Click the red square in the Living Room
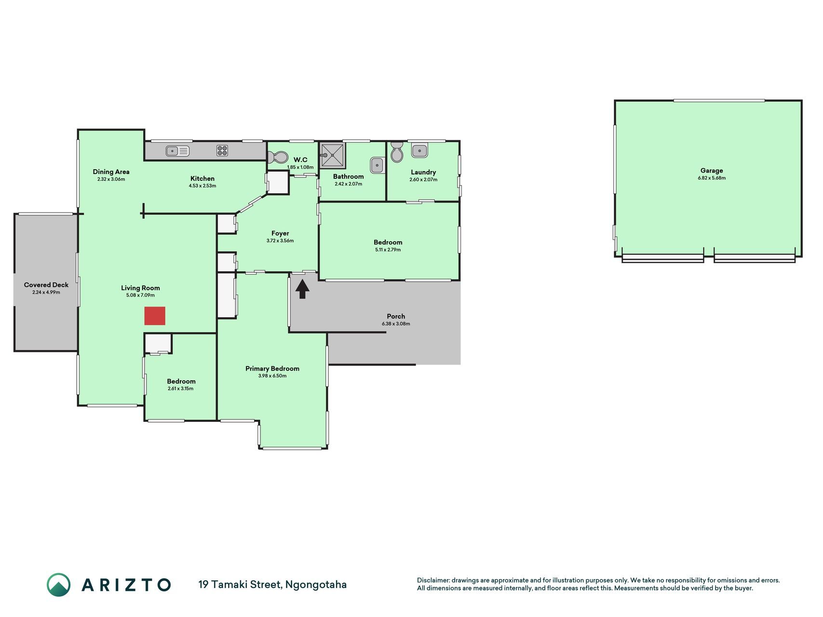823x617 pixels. coord(155,316)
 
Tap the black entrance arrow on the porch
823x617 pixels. coord(302,289)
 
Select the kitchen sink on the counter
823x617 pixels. coord(177,151)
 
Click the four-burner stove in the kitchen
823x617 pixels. coord(222,150)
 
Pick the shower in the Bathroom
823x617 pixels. coord(333,155)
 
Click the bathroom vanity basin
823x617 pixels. coord(377,165)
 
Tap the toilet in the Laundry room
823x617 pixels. coord(397,152)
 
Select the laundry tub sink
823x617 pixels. coord(419,151)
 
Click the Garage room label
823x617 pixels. coord(712,170)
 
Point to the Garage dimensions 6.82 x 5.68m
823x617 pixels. coord(712,178)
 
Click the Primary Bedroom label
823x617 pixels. coord(272,368)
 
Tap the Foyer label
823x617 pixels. coord(280,233)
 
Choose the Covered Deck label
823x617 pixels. coord(46,285)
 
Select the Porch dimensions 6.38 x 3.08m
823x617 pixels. coord(396,324)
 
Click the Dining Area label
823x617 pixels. coord(111,172)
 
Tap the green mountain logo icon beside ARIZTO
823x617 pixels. coord(58,585)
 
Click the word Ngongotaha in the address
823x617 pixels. coord(316,585)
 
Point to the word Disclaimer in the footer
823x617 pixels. coord(433,580)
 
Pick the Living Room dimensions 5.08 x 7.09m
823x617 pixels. coord(140,295)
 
